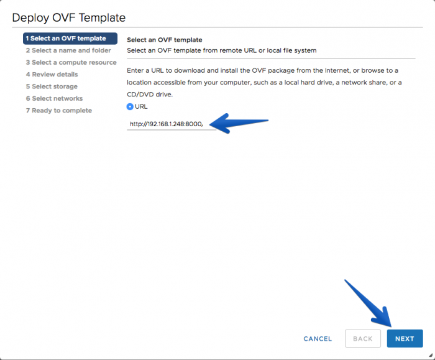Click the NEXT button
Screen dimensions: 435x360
[405, 338]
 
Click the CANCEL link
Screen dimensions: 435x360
[318, 339]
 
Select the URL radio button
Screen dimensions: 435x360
[130, 106]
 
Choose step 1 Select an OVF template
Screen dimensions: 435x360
[70, 39]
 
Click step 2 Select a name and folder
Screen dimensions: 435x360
[68, 50]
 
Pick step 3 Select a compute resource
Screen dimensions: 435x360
[71, 62]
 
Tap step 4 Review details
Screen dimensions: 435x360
[52, 75]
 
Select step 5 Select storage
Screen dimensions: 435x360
[52, 86]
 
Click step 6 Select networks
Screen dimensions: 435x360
[55, 98]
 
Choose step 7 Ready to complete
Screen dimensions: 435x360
[59, 111]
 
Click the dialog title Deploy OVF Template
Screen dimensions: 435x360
[69, 17]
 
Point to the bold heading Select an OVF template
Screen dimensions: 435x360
[165, 40]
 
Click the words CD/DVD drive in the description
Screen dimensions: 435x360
[150, 95]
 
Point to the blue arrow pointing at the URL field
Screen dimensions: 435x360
[239, 123]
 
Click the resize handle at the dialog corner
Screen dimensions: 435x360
[430, 355]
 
